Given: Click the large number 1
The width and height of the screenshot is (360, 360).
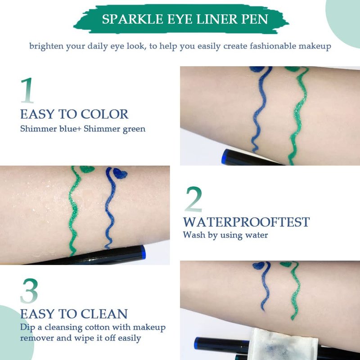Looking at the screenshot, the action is pyautogui.click(x=27, y=90).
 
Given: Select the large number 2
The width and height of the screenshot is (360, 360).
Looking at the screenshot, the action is pyautogui.click(x=193, y=199).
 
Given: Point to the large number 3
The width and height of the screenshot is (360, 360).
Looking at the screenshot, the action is pyautogui.click(x=29, y=291).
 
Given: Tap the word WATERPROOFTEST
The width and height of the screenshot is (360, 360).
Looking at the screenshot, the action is pyautogui.click(x=246, y=222).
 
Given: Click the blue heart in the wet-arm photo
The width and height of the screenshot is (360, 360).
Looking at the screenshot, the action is pyautogui.click(x=120, y=173).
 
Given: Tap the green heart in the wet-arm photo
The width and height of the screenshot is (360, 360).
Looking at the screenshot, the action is pyautogui.click(x=87, y=169).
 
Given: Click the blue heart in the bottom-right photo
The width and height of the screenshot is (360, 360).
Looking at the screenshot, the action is pyautogui.click(x=258, y=265).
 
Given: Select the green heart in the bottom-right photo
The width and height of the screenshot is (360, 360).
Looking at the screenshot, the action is pyautogui.click(x=286, y=264).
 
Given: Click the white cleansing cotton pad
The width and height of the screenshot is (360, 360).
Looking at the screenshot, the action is pyautogui.click(x=283, y=344).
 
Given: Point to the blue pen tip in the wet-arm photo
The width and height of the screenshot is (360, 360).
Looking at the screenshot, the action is pyautogui.click(x=143, y=252).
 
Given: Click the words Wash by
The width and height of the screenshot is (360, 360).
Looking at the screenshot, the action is pyautogui.click(x=200, y=235).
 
